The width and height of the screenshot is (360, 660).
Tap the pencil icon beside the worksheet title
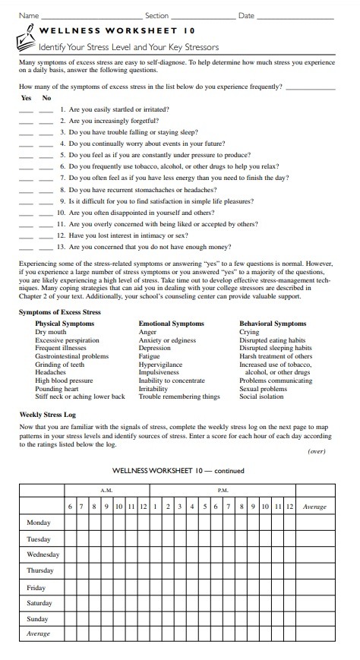[x=28, y=33]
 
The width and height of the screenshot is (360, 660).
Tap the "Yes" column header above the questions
[x=26, y=98]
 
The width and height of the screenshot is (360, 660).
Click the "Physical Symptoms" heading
[x=65, y=323]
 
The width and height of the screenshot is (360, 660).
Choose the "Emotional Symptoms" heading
[x=171, y=323]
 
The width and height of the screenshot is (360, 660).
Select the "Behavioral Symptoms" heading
[x=273, y=323]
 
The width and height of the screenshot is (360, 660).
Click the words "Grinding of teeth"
[x=60, y=365]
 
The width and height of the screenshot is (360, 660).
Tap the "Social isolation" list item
[x=262, y=396]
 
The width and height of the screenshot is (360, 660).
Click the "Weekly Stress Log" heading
[x=47, y=415]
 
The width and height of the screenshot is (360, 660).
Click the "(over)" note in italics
[x=317, y=450]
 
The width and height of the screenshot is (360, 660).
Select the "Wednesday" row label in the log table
[x=43, y=554]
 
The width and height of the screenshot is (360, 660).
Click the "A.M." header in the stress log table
[x=107, y=490]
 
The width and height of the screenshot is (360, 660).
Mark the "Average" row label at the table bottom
[x=39, y=633]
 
